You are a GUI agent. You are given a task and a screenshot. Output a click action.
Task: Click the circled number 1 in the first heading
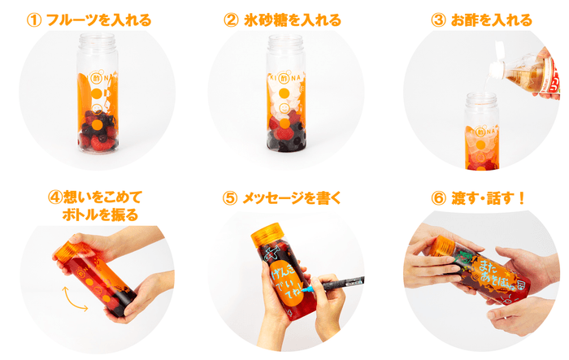coord(33,20)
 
